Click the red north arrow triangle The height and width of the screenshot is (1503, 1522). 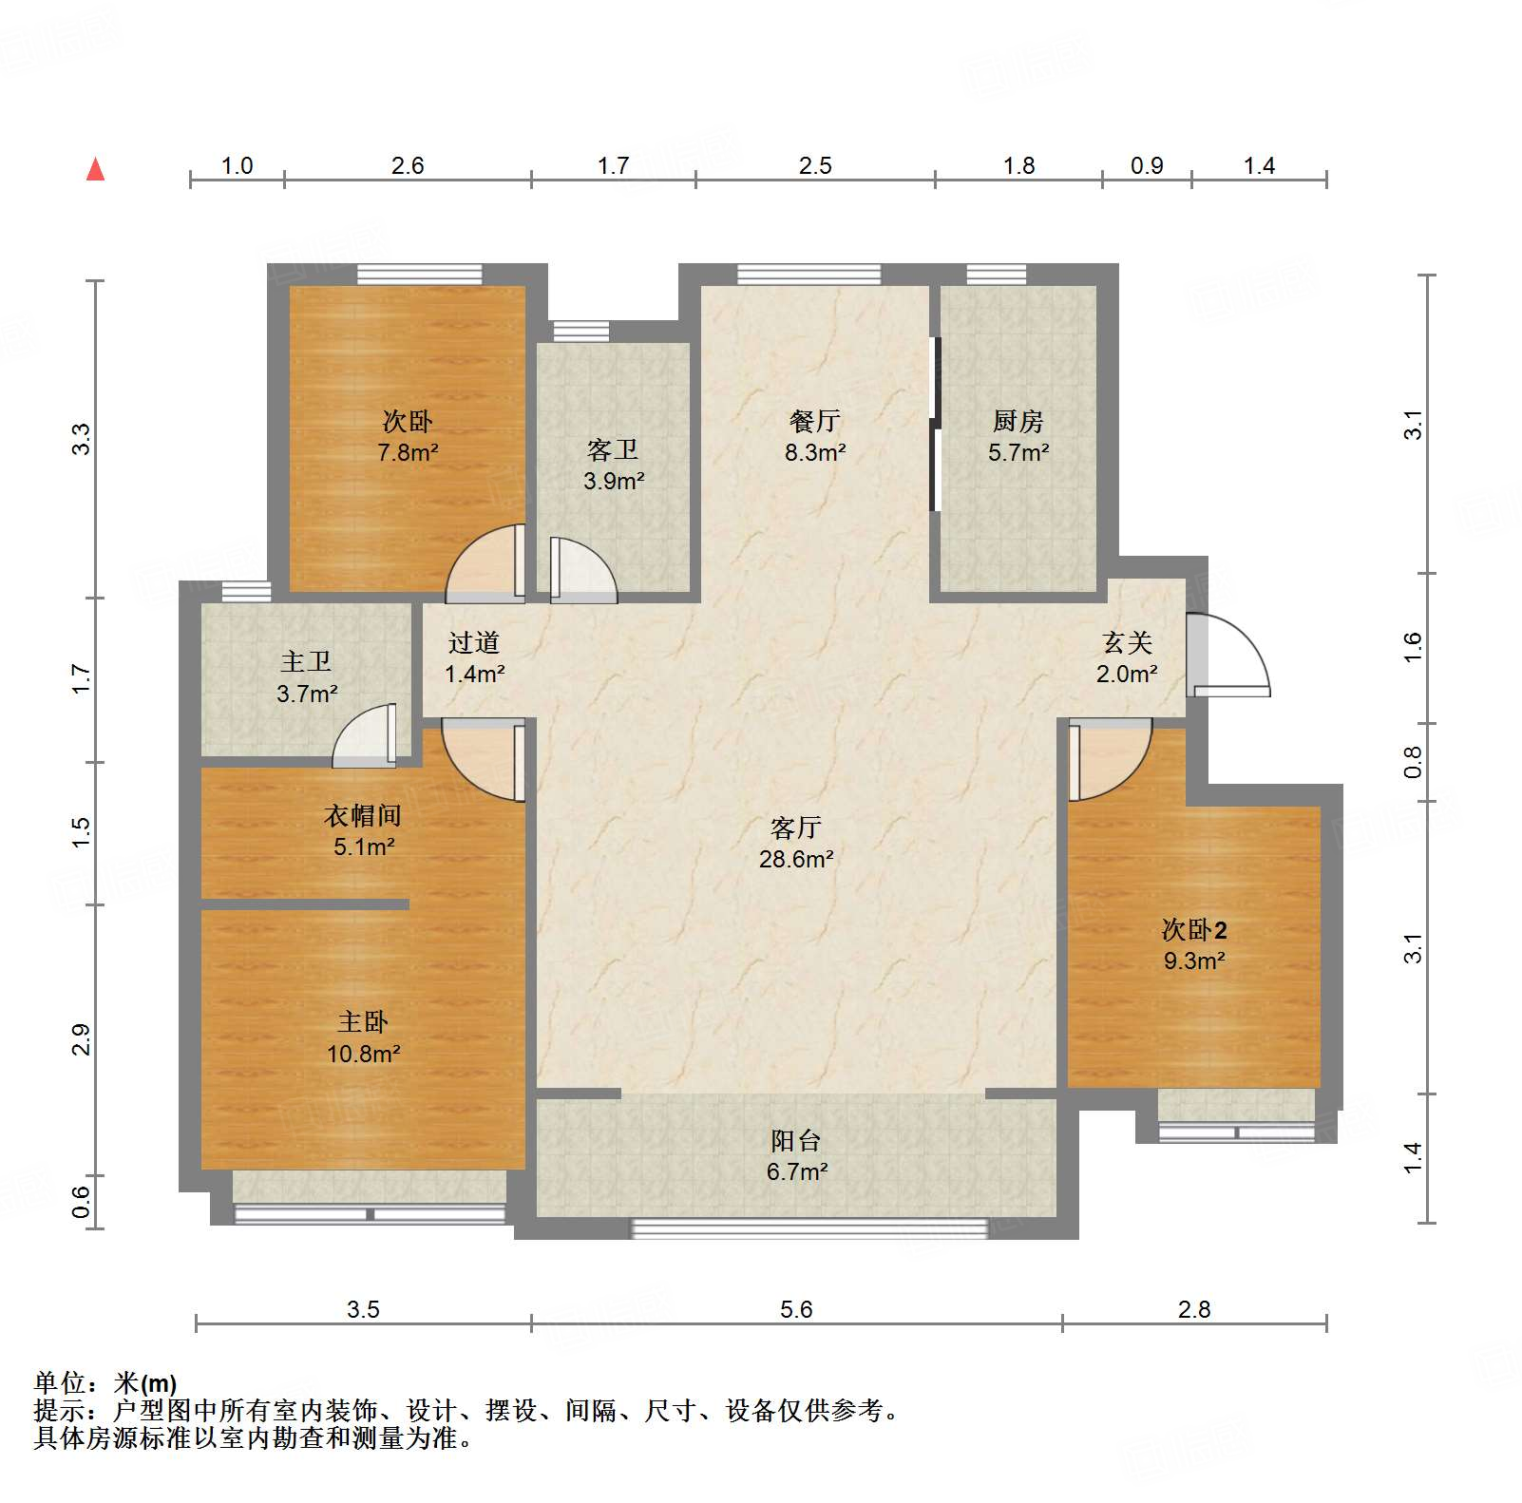95,170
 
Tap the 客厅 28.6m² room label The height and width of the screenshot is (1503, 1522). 796,844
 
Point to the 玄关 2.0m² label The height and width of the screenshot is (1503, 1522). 1128,658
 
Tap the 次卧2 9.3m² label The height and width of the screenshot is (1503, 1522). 1194,945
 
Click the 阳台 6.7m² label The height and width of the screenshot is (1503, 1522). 796,1156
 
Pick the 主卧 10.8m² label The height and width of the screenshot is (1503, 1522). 363,1037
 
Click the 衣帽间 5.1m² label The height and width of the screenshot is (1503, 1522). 363,830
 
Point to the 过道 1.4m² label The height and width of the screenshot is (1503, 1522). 474,658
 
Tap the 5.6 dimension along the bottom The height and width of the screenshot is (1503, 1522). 796,1310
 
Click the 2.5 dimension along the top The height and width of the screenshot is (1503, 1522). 815,166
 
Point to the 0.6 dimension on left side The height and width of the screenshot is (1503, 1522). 82,1202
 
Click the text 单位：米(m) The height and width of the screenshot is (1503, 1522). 105,1383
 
